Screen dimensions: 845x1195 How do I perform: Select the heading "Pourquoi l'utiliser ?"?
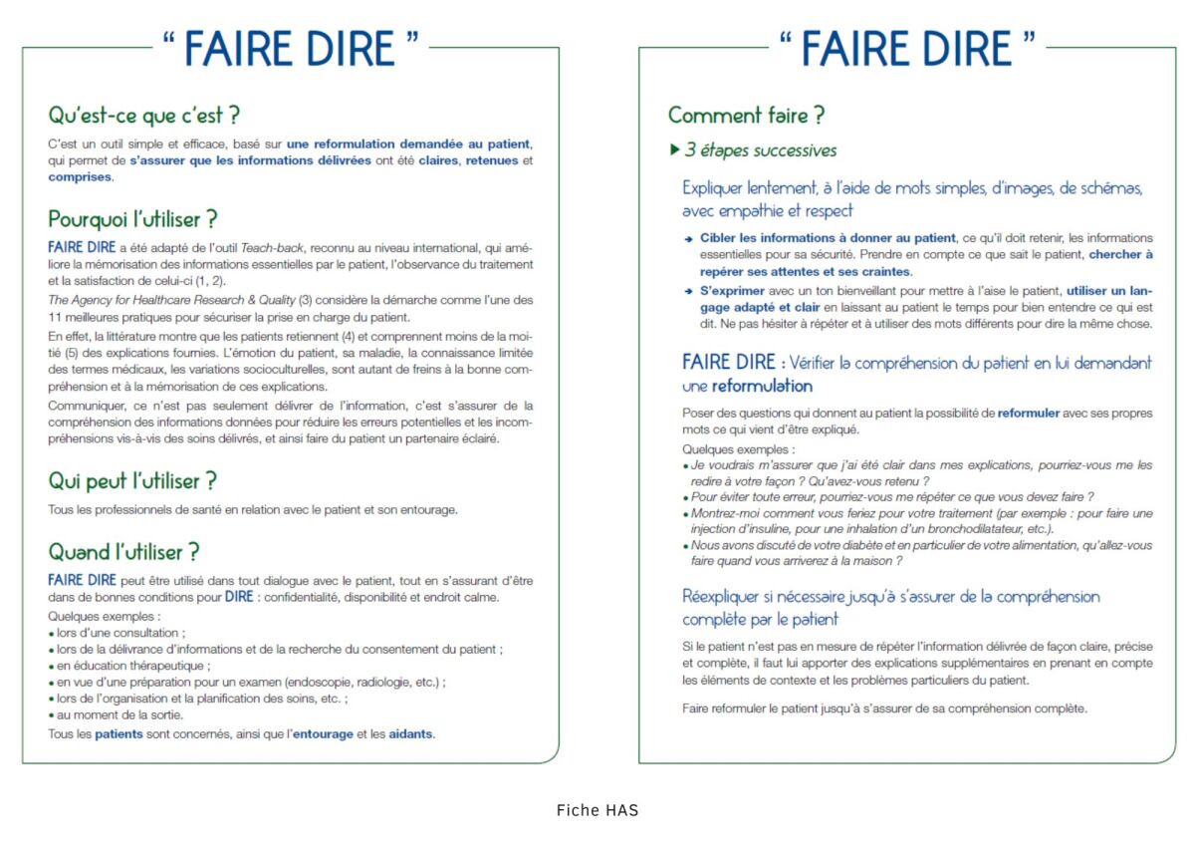[132, 218]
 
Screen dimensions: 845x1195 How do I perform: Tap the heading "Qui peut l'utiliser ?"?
[132, 480]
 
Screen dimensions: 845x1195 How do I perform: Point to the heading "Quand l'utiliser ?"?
[124, 551]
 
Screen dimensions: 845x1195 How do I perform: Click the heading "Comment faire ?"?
[746, 115]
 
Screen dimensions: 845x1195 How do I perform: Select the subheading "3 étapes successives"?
[760, 150]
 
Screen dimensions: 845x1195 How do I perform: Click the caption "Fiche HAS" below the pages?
[597, 810]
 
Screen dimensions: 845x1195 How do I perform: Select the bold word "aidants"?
[411, 734]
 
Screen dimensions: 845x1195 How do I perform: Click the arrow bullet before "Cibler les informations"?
[688, 239]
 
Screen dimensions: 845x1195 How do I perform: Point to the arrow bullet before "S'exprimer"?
[688, 291]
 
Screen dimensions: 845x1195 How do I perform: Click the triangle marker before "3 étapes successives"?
[674, 150]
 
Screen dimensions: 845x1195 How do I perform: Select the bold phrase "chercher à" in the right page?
[1121, 254]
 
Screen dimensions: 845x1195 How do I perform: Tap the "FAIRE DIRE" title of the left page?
[290, 49]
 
